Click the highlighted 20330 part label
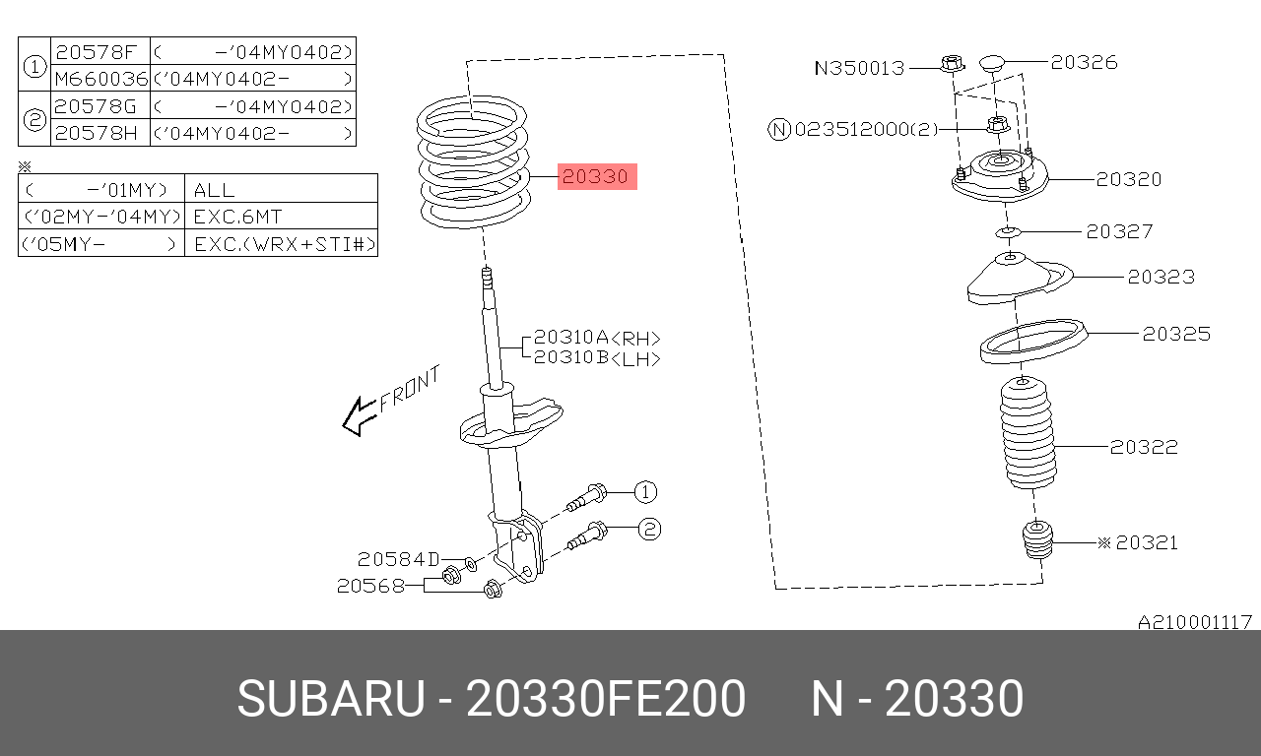pos(597,176)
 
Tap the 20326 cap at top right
pos(992,63)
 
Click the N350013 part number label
pos(859,68)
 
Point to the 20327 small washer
pos(1008,231)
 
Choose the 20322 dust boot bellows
pos(1027,433)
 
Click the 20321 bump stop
pos(1037,540)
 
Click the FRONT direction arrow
pos(361,416)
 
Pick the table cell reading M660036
pos(100,78)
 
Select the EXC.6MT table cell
pos(281,216)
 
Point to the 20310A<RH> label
pos(597,338)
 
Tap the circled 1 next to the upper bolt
pos(645,492)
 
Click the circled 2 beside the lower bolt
pos(649,530)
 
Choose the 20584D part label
pos(399,559)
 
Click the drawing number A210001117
pos(1195,622)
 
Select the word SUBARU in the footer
pos(331,699)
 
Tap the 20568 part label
pos(370,586)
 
